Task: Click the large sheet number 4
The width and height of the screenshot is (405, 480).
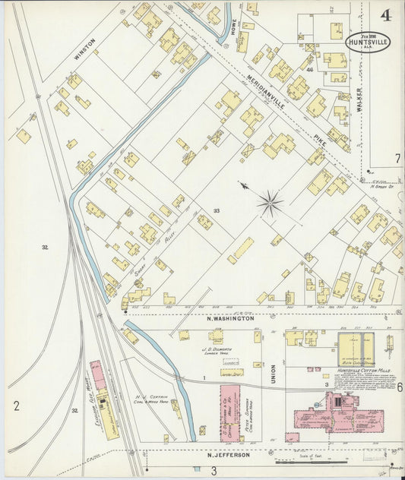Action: coord(386,14)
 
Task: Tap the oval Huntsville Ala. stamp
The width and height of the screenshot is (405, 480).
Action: coord(368,41)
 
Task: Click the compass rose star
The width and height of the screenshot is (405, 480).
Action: coord(270,203)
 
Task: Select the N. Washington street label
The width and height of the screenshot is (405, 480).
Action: coord(230,319)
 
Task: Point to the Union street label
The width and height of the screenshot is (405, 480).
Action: coord(274,373)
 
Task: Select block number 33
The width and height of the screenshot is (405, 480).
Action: coord(217,210)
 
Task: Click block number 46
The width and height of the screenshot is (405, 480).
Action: coord(309,69)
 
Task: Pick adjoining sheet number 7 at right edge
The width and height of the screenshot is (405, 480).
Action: coord(397,159)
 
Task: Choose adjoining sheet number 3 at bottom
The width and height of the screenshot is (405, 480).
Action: coord(214,471)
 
